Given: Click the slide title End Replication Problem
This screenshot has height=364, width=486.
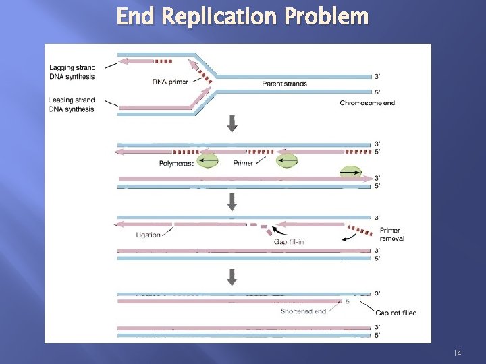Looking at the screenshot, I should pyautogui.click(x=242, y=16).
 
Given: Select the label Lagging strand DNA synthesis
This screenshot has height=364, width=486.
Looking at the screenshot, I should pyautogui.click(x=72, y=71).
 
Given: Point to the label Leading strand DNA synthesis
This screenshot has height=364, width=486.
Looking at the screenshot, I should pyautogui.click(x=72, y=104).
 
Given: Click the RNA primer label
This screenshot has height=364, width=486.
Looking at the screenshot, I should pyautogui.click(x=170, y=82).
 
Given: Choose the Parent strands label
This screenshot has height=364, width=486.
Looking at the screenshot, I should pyautogui.click(x=284, y=84).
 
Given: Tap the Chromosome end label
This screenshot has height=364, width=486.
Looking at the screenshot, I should pyautogui.click(x=367, y=103).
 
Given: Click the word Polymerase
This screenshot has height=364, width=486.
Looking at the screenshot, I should pyautogui.click(x=177, y=163).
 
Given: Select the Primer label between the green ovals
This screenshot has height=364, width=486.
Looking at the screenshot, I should pyautogui.click(x=243, y=163).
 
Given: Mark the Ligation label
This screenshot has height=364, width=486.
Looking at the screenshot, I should pyautogui.click(x=147, y=235).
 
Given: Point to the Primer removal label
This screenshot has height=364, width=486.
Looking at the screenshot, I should pyautogui.click(x=390, y=235).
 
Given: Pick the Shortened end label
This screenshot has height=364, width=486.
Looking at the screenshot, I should pyautogui.click(x=304, y=311).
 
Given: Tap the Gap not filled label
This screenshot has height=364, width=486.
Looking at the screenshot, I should pyautogui.click(x=396, y=313).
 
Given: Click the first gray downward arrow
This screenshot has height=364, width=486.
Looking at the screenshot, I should pyautogui.click(x=233, y=123).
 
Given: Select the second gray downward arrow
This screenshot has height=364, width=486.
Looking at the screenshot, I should pyautogui.click(x=233, y=201).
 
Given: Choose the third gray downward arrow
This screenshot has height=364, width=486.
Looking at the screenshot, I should pyautogui.click(x=233, y=277).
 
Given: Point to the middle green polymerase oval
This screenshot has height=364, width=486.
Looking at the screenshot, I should pyautogui.click(x=287, y=161).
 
